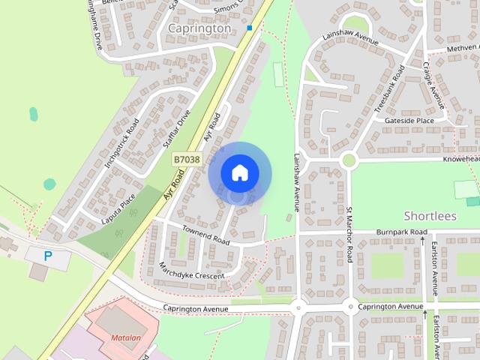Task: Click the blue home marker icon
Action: click(239, 172)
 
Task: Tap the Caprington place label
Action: click(199, 28)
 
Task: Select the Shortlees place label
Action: click(430, 216)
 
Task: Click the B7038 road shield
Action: click(186, 159)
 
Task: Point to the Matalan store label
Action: click(126, 337)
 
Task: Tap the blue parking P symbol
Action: click(48, 256)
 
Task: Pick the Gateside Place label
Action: click(409, 121)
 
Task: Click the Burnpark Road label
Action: click(402, 232)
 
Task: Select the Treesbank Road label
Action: click(389, 90)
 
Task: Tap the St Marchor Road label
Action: click(349, 235)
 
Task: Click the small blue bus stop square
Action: click(250, 28)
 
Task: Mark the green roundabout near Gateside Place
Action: click(348, 160)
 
